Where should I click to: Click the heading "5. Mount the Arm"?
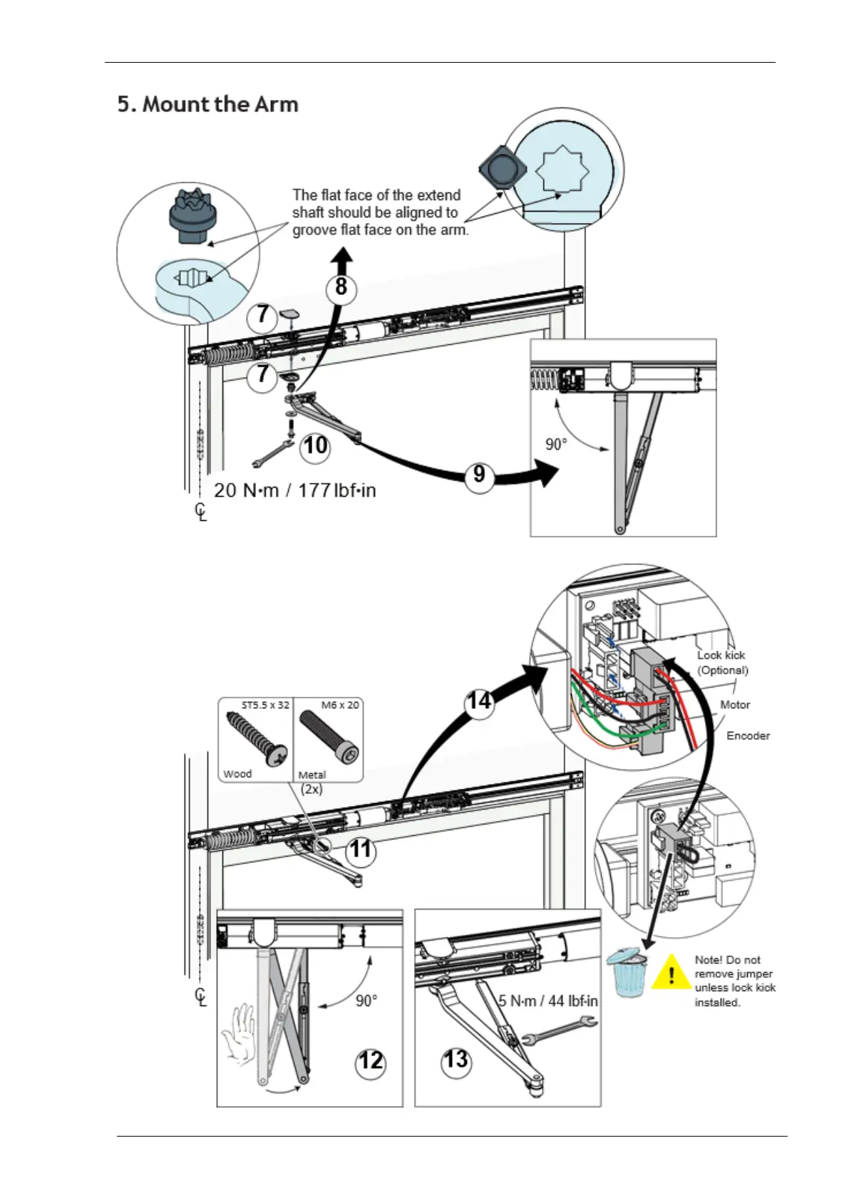click(208, 104)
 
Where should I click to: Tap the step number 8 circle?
click(341, 286)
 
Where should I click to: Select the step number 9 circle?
click(479, 473)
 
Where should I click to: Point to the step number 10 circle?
click(315, 445)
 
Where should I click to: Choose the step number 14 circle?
click(479, 702)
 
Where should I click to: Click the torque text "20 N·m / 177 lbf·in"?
click(295, 490)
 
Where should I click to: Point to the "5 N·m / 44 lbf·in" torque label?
click(547, 1000)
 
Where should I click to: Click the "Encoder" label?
click(748, 735)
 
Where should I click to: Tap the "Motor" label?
click(735, 705)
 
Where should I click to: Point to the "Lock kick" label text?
click(721, 655)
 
